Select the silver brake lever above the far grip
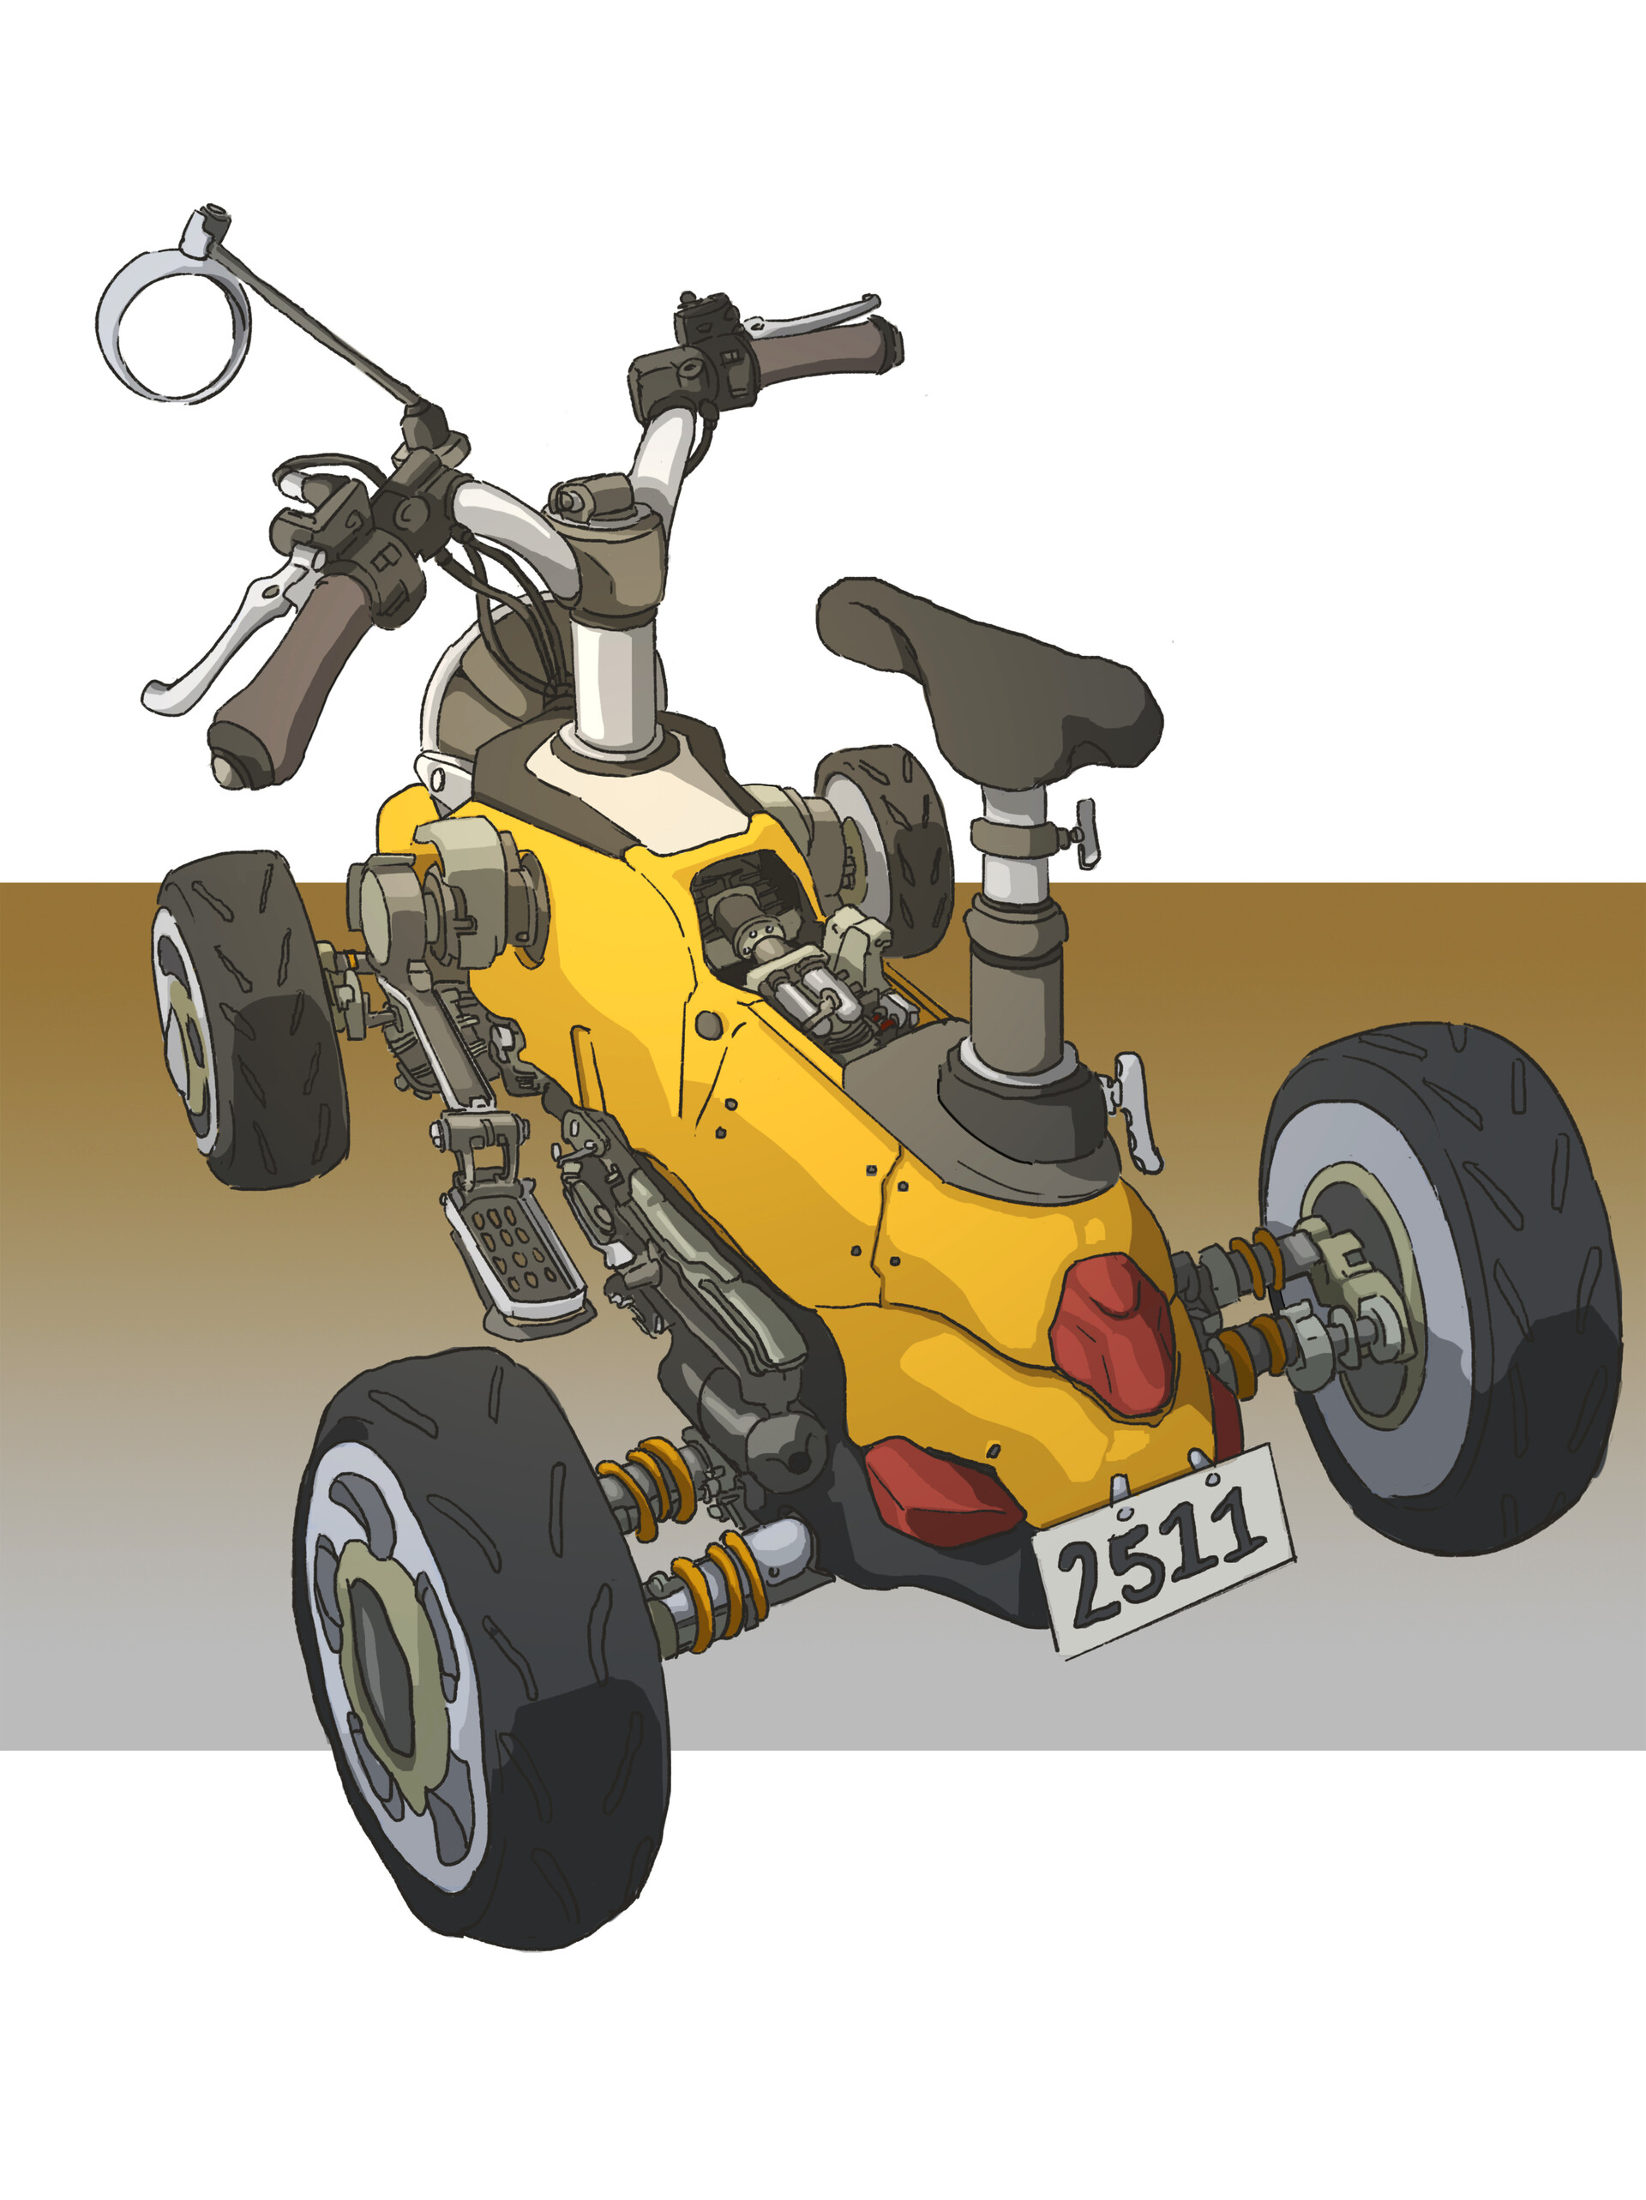click(x=815, y=312)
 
